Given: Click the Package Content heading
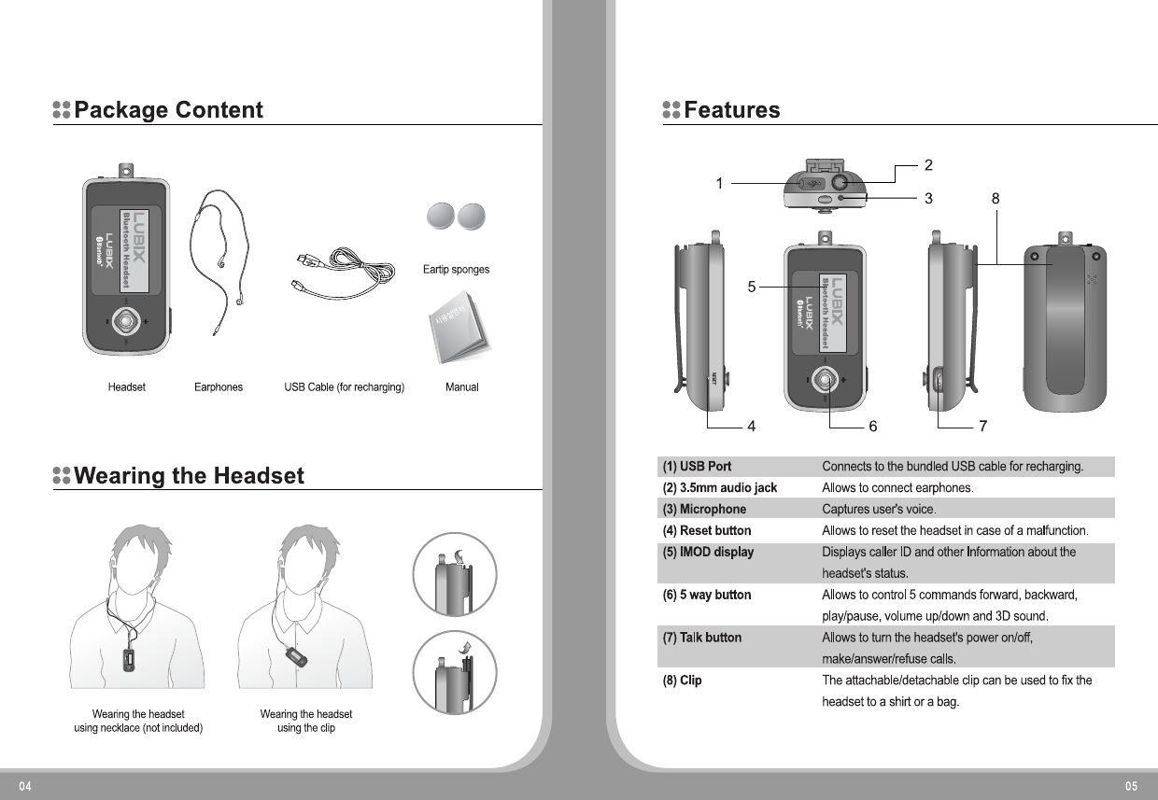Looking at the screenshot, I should tap(169, 110).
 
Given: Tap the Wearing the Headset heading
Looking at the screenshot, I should tap(189, 476).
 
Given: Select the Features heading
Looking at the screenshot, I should tap(731, 110).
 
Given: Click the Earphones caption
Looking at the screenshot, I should tap(218, 387).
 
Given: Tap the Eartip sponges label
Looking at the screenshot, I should tap(456, 270).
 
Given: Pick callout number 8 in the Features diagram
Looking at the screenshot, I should tap(996, 198).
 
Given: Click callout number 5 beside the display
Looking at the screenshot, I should tap(751, 287).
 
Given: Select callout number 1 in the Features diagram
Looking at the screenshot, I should tap(719, 184).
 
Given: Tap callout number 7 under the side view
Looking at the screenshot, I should tap(982, 427).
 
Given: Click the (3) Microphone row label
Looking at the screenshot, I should tap(704, 510).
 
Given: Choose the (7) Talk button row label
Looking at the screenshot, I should tap(701, 638).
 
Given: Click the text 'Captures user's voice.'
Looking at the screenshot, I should tap(879, 510).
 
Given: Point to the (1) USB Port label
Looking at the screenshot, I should tap(697, 466).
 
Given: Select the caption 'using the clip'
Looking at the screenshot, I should tap(305, 728).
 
